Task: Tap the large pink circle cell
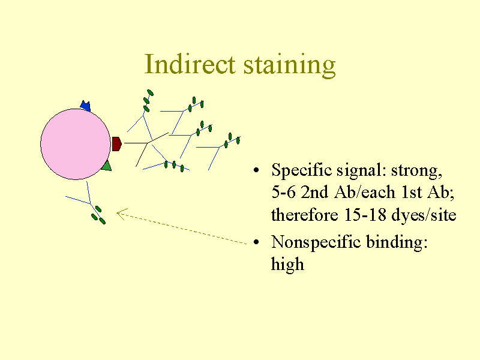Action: click(x=76, y=144)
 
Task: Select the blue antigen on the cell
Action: click(x=85, y=107)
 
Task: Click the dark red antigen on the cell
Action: click(x=117, y=144)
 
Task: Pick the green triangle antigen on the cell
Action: click(x=106, y=166)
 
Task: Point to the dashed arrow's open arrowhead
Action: click(x=119, y=213)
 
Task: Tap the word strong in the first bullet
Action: click(x=416, y=171)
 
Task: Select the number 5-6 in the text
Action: click(x=283, y=193)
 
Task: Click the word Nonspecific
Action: click(x=314, y=242)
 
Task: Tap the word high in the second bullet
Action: click(x=287, y=264)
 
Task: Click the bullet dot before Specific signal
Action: click(x=257, y=172)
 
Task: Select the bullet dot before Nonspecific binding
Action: click(x=257, y=243)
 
